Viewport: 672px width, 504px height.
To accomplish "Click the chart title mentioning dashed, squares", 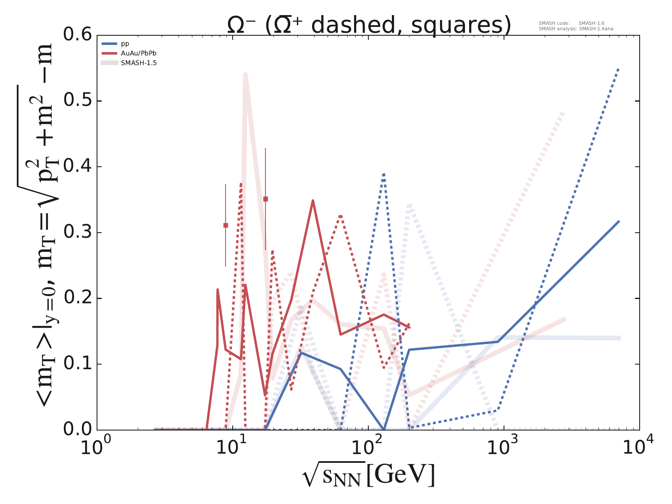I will [x=369, y=25].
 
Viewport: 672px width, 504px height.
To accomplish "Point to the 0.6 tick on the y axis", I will [x=77, y=35].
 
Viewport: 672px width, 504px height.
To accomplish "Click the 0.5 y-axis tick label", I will [x=77, y=101].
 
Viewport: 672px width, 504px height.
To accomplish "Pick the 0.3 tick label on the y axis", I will [x=77, y=232].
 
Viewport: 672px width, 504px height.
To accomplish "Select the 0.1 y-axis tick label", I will [x=77, y=364].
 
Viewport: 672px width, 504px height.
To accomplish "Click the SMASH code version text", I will [x=572, y=24].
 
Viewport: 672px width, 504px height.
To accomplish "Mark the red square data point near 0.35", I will [x=265, y=199].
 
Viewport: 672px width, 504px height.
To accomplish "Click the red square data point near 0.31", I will [x=226, y=226].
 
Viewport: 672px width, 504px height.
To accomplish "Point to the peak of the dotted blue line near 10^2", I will [x=383, y=174].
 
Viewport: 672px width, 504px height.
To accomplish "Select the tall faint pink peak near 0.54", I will [x=245, y=74].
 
